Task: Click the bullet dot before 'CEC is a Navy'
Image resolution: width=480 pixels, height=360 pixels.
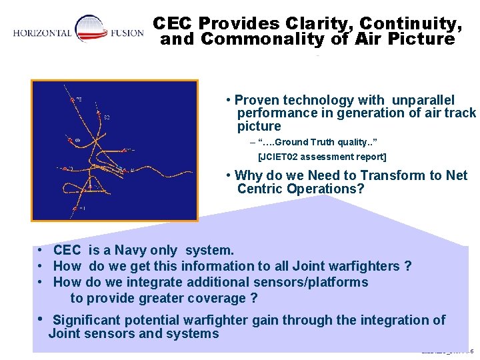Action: pos(41,251)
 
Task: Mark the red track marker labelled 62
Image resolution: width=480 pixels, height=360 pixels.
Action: pos(99,118)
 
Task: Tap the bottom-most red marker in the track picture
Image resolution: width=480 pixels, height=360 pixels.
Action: pos(73,209)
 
